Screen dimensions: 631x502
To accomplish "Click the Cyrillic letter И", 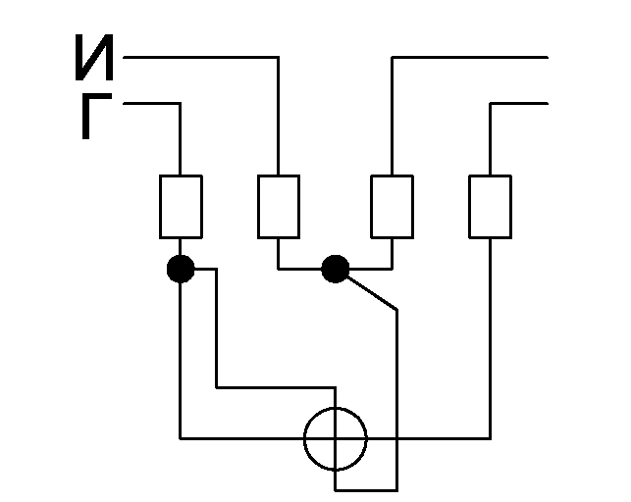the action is pyautogui.click(x=94, y=58).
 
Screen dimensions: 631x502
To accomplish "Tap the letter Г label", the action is pyautogui.click(x=96, y=117).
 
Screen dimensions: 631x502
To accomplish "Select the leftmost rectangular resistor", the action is pyautogui.click(x=181, y=207).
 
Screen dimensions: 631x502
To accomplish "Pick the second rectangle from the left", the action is pyautogui.click(x=279, y=207).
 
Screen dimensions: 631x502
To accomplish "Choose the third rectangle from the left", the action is pyautogui.click(x=392, y=207).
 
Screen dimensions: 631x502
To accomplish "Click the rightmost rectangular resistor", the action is pyautogui.click(x=490, y=207).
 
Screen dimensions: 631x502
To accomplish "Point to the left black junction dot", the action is pyautogui.click(x=181, y=269).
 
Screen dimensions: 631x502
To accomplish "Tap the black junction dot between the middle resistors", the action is pyautogui.click(x=336, y=269).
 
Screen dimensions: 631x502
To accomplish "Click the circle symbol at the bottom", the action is pyautogui.click(x=336, y=408).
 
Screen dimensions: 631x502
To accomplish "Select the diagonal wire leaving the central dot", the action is pyautogui.click(x=372, y=293).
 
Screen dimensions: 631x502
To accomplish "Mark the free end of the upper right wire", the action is pyautogui.click(x=548, y=58).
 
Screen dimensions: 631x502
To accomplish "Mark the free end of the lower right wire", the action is pyautogui.click(x=548, y=103).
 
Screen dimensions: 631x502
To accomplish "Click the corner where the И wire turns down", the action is pyautogui.click(x=278, y=58).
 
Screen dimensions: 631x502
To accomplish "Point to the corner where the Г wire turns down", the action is pyautogui.click(x=180, y=103).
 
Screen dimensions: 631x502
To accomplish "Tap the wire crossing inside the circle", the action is pyautogui.click(x=336, y=438).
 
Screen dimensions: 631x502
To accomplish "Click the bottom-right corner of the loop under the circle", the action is pyautogui.click(x=397, y=490).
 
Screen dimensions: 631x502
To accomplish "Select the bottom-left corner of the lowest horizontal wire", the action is pyautogui.click(x=180, y=438).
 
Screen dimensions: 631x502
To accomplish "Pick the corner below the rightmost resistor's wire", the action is pyautogui.click(x=490, y=438).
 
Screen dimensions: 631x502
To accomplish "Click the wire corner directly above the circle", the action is pyautogui.click(x=336, y=388).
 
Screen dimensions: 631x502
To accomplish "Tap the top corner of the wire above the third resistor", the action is pyautogui.click(x=392, y=58).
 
